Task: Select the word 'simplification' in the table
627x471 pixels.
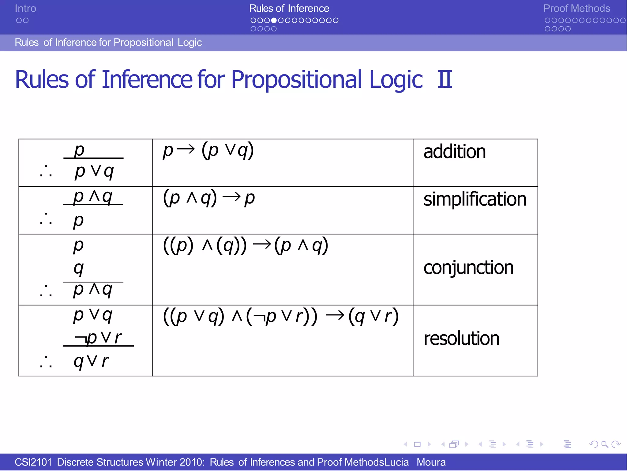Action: click(475, 199)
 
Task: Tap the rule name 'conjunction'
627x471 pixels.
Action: click(468, 268)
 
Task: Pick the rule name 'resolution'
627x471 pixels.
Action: click(461, 339)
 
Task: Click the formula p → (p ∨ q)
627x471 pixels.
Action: click(208, 150)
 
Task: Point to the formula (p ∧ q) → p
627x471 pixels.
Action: click(209, 198)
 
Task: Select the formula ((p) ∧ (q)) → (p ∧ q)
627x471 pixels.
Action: click(246, 245)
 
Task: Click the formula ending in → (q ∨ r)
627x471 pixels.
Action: click(280, 317)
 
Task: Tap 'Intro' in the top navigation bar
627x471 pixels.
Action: click(25, 9)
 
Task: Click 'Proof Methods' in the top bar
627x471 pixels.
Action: click(576, 9)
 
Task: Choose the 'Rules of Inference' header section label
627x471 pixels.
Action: click(289, 9)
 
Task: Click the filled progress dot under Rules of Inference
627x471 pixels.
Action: click(274, 21)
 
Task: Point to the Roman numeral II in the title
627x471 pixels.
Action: click(445, 80)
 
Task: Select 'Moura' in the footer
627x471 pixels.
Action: click(431, 462)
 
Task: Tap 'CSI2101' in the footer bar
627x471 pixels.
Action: click(33, 462)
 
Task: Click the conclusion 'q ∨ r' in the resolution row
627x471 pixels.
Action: click(91, 361)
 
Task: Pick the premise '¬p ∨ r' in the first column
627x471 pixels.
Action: click(98, 338)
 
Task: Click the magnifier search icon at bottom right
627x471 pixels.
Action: click(605, 444)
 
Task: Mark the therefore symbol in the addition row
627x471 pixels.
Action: click(46, 172)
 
